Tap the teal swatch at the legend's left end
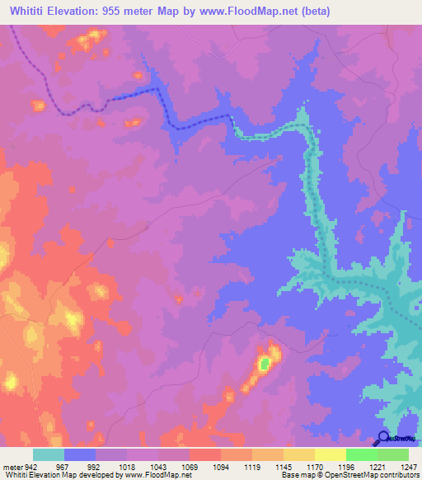[x=49, y=454]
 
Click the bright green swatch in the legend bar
[x=362, y=454]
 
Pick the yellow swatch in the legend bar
[x=331, y=454]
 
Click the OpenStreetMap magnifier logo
[x=383, y=438]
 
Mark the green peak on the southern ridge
[x=263, y=363]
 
